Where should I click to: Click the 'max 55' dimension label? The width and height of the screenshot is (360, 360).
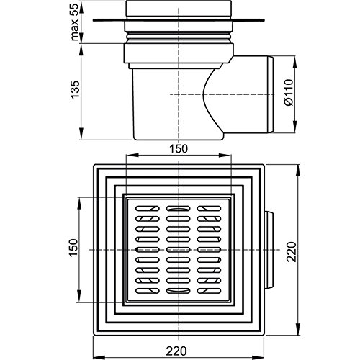pyautogui.click(x=75, y=22)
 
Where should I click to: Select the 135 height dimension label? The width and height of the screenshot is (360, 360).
pyautogui.click(x=75, y=89)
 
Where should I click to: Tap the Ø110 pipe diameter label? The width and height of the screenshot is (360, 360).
pyautogui.click(x=289, y=92)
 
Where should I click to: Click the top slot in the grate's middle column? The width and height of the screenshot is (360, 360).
pyautogui.click(x=179, y=208)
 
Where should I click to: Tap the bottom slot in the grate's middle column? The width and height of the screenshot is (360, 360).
pyautogui.click(x=179, y=291)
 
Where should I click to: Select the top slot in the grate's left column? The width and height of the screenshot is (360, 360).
pyautogui.click(x=148, y=208)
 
